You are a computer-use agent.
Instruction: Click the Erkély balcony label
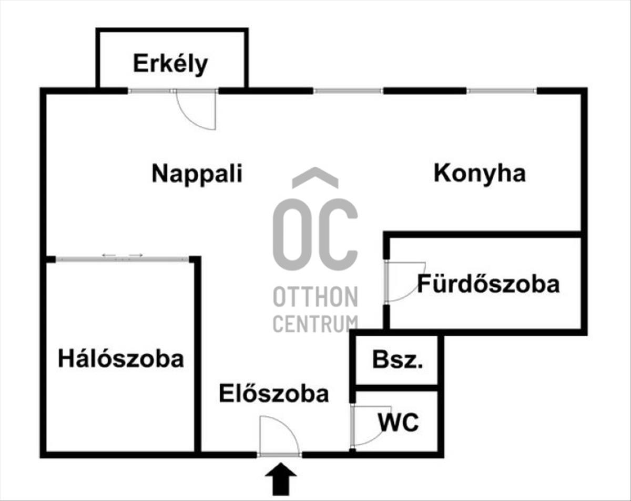170,64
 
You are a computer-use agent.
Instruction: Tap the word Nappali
197,173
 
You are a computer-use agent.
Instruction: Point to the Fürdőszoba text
488,284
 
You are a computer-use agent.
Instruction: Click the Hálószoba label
121,359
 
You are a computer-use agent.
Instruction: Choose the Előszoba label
274,394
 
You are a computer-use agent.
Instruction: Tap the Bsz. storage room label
397,360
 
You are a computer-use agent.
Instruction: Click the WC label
398,422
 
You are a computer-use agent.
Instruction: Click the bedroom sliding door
122,258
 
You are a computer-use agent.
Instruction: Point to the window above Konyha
502,91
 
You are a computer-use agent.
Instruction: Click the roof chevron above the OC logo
315,178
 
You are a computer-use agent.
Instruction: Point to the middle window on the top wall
349,91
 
